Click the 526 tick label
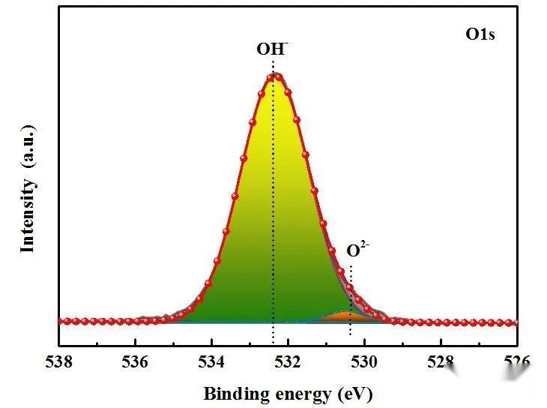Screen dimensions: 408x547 517,363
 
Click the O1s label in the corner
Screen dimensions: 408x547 480,34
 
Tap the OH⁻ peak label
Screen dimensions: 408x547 272,49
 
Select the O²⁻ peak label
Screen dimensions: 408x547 357,250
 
